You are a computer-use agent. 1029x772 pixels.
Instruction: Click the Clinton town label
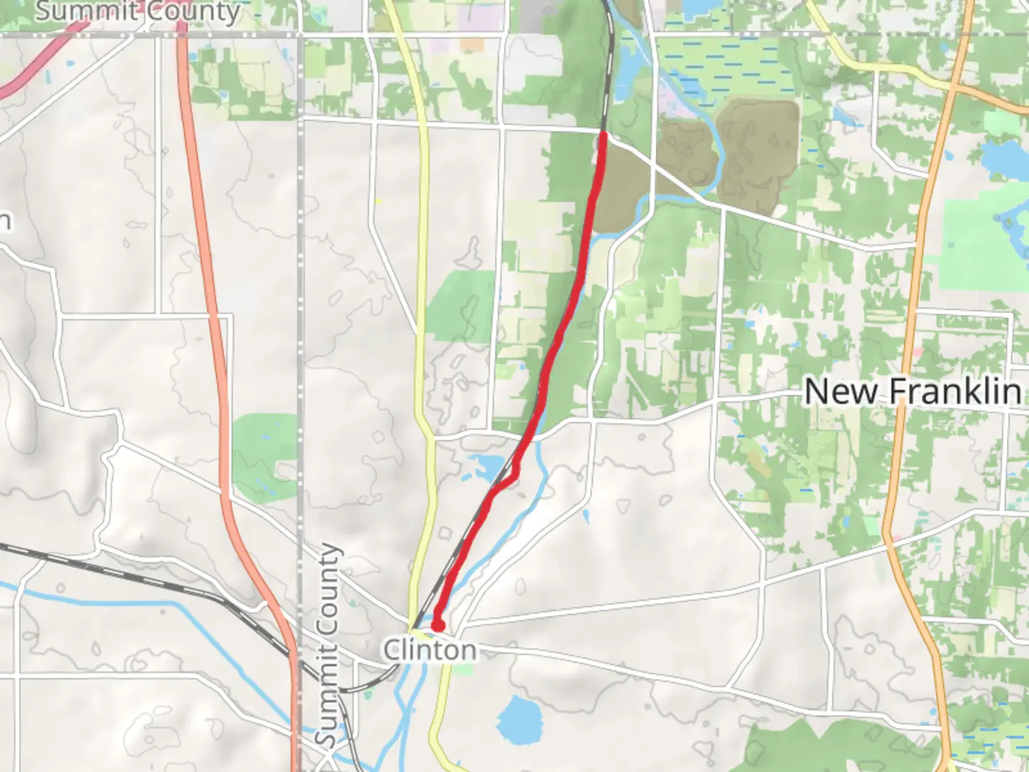429,650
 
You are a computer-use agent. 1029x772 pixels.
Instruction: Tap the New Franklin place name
913,391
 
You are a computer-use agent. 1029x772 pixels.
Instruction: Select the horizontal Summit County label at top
138,11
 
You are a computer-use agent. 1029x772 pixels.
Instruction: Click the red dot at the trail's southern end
437,626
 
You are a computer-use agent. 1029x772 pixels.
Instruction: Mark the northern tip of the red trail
603,135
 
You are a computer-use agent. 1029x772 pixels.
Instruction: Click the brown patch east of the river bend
758,154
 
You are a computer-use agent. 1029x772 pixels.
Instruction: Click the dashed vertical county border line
301,286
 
